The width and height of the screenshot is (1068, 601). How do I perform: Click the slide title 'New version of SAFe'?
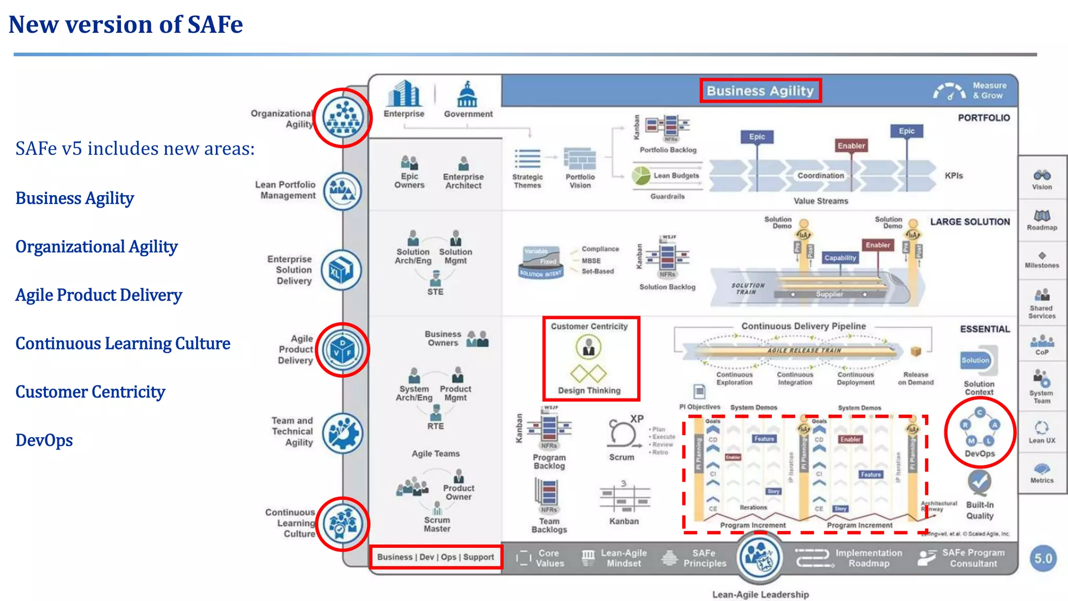point(126,25)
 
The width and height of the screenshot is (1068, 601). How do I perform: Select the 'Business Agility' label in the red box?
point(760,91)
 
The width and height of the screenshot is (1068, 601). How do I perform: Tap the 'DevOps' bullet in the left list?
point(44,440)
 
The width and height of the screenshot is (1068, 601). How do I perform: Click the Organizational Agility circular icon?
point(343,118)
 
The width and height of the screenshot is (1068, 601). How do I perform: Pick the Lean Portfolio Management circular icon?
point(342,191)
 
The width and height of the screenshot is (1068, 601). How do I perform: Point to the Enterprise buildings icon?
point(404,94)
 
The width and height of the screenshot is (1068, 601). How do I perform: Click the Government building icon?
point(467,94)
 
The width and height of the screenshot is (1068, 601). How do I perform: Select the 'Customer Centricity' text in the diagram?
point(589,327)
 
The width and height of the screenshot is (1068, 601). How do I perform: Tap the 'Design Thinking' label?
point(589,391)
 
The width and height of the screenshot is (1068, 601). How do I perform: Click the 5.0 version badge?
point(1043,559)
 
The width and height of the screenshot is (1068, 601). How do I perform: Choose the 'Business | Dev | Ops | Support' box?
point(435,557)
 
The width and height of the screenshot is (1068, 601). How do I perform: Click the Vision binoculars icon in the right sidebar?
point(1042,175)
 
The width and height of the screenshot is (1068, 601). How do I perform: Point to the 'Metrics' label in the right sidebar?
point(1041,480)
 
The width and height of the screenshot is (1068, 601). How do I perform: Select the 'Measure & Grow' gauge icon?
point(949,91)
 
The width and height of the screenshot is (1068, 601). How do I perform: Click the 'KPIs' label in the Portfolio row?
point(954,176)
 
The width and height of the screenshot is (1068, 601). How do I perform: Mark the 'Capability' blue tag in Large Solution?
point(840,258)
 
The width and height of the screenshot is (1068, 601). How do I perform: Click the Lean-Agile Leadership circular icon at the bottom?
point(759,557)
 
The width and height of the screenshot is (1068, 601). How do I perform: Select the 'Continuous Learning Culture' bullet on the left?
point(123,344)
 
